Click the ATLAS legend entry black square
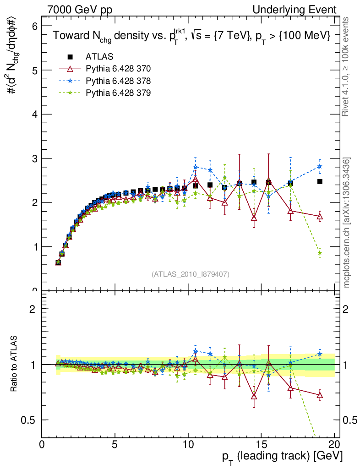pyautogui.click(x=70, y=57)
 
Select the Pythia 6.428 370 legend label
pyautogui.click(x=118, y=69)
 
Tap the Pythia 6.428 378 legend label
pyautogui.click(x=118, y=81)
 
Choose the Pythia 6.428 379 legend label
pyautogui.click(x=118, y=93)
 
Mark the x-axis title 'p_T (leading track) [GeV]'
pyautogui.click(x=282, y=457)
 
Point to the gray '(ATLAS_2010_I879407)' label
pyautogui.click(x=191, y=274)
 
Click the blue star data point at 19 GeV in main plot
pyautogui.click(x=320, y=167)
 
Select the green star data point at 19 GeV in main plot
pyautogui.click(x=320, y=253)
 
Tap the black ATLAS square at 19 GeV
pyautogui.click(x=320, y=182)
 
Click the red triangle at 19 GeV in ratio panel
pyautogui.click(x=320, y=395)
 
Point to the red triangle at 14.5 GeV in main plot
pyautogui.click(x=254, y=218)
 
